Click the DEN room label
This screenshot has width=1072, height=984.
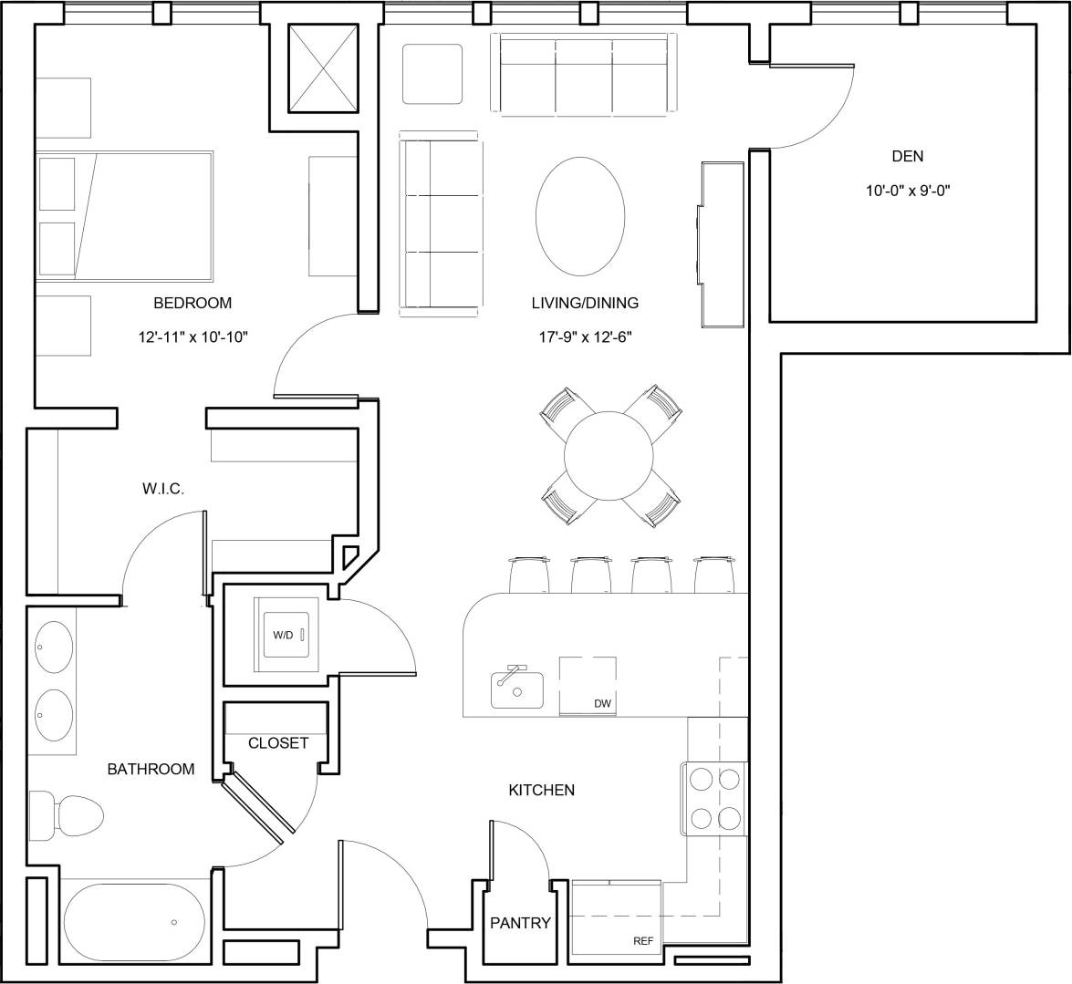tap(907, 156)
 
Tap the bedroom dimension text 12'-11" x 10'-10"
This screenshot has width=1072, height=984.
tap(193, 337)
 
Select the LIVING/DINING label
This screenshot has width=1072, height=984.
tap(585, 303)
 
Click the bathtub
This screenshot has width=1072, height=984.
tap(134, 921)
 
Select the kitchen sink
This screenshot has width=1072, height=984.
tap(516, 688)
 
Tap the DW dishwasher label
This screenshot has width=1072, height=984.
tap(602, 703)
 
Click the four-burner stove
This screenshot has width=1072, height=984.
tap(714, 797)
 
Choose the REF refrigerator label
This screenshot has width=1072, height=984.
tap(644, 941)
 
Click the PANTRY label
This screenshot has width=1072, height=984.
tap(520, 923)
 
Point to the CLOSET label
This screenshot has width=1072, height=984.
tap(278, 743)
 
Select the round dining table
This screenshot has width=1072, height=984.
tap(609, 455)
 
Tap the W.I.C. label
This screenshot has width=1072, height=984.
tap(163, 489)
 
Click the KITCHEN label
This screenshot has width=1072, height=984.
tap(542, 790)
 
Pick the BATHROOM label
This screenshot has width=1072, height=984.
tap(151, 769)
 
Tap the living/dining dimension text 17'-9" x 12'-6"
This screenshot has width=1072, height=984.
tap(585, 337)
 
